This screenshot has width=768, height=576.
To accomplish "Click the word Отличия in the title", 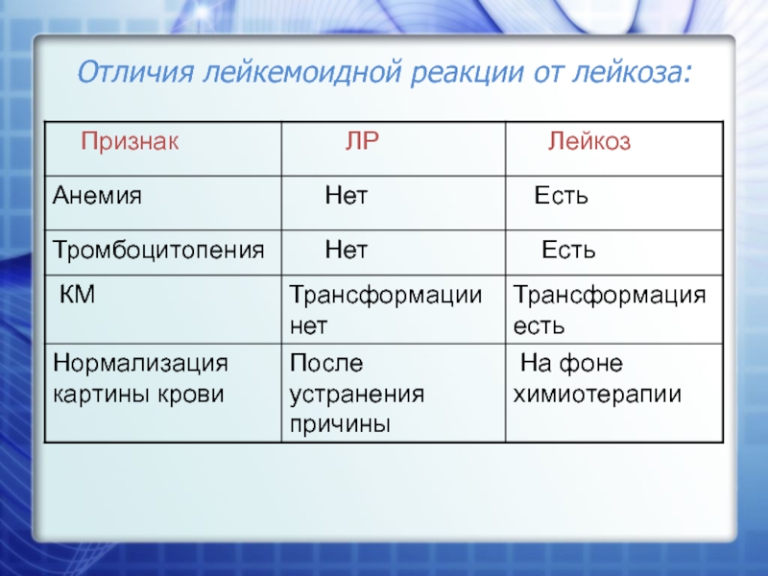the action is (135, 72).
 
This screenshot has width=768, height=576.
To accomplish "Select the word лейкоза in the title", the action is (633, 72).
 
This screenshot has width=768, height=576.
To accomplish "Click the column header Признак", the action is (130, 141).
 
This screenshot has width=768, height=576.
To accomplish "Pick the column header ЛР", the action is (362, 141).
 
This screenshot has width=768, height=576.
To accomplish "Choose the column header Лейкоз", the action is (589, 141).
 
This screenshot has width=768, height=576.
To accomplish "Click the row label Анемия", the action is (97, 195).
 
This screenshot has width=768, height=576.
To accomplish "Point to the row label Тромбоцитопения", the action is (158, 250).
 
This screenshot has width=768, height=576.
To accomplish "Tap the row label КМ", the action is (77, 295).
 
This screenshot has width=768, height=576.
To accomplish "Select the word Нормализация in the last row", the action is (140, 364).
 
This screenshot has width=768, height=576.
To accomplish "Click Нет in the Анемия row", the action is (346, 196).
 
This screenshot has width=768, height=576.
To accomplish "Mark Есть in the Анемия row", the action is (561, 196).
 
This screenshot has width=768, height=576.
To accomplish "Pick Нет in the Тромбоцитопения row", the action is (346, 250).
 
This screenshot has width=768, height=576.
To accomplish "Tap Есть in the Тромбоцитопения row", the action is (568, 250).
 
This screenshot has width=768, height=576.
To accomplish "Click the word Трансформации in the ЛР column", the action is (386, 296).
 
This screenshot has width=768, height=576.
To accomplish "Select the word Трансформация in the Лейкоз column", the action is (610, 296).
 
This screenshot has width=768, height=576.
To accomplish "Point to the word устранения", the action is (356, 395).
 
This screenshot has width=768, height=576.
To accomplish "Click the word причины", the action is (340, 424).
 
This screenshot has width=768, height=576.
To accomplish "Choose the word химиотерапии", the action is (597, 395).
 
